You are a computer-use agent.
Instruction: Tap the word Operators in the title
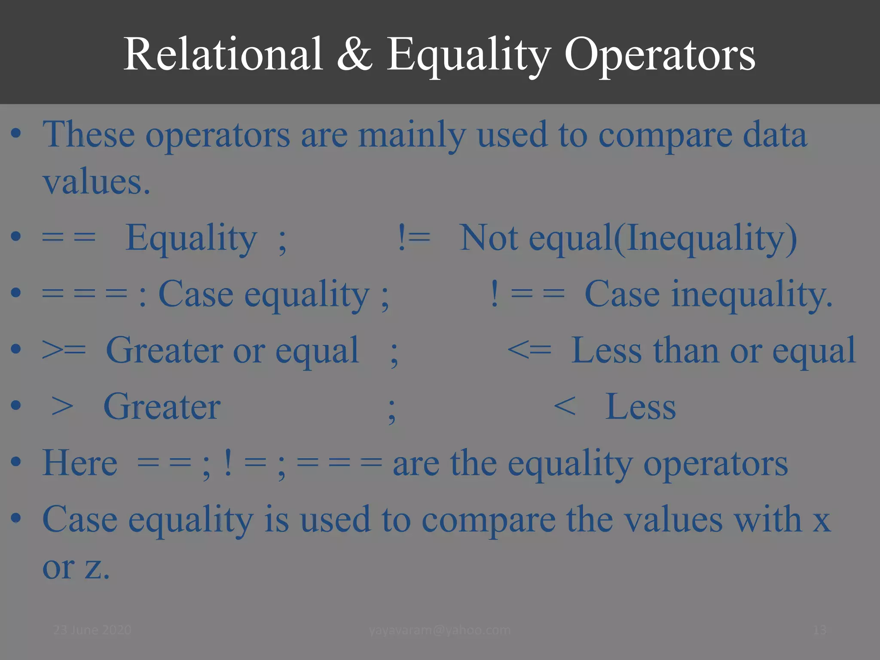pyautogui.click(x=660, y=55)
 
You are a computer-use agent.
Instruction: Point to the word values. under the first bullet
pyautogui.click(x=96, y=183)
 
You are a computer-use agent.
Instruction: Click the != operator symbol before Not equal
pyautogui.click(x=414, y=238)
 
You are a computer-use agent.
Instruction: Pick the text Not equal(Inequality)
pyautogui.click(x=628, y=238)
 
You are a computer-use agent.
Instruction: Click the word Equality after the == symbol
pyautogui.click(x=191, y=238)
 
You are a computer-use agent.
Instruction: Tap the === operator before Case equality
pyautogui.click(x=85, y=294)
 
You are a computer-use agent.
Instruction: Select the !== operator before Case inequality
pyautogui.click(x=527, y=294)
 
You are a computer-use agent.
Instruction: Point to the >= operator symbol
pyautogui.click(x=64, y=350)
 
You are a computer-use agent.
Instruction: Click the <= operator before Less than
pyautogui.click(x=529, y=350)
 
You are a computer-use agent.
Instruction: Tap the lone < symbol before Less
pyautogui.click(x=564, y=406)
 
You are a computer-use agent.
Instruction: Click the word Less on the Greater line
pyautogui.click(x=640, y=407)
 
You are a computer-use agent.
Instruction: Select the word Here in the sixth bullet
pyautogui.click(x=79, y=463)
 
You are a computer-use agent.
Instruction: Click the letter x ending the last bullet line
pyautogui.click(x=821, y=520)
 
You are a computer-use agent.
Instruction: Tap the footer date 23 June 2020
pyautogui.click(x=92, y=630)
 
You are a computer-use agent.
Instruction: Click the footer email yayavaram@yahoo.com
pyautogui.click(x=440, y=630)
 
